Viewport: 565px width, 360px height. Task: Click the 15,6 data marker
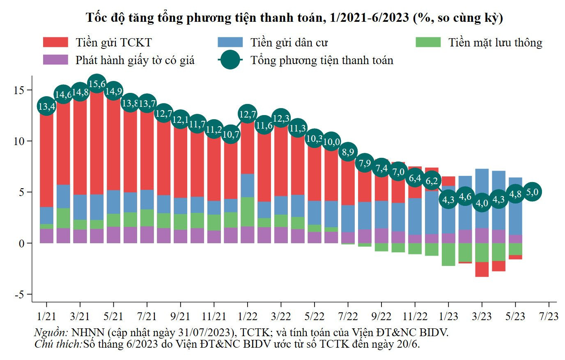pyautogui.click(x=96, y=84)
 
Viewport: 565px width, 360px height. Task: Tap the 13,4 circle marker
pyautogui.click(x=46, y=106)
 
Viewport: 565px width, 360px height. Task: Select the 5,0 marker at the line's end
pyautogui.click(x=532, y=192)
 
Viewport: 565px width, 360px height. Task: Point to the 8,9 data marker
pyautogui.click(x=348, y=152)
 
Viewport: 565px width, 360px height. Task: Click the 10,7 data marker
pyautogui.click(x=231, y=134)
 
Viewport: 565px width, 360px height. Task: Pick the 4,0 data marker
pyautogui.click(x=482, y=203)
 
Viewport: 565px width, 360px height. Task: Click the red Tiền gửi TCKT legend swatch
pyautogui.click(x=55, y=42)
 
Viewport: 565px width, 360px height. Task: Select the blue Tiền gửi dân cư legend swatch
pyautogui.click(x=230, y=42)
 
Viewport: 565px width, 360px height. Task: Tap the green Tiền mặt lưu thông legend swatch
pyautogui.click(x=428, y=42)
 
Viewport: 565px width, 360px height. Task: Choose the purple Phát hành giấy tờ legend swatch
pyautogui.click(x=55, y=60)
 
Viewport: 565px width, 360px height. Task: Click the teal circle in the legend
pyautogui.click(x=230, y=60)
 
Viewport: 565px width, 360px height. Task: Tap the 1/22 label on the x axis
pyautogui.click(x=247, y=316)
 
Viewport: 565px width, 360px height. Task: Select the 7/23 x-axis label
pyautogui.click(x=549, y=316)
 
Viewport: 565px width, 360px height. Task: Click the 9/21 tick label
pyautogui.click(x=180, y=316)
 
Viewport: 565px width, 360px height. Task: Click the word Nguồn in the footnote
pyautogui.click(x=50, y=332)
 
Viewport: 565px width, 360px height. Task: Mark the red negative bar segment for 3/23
pyautogui.click(x=482, y=269)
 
